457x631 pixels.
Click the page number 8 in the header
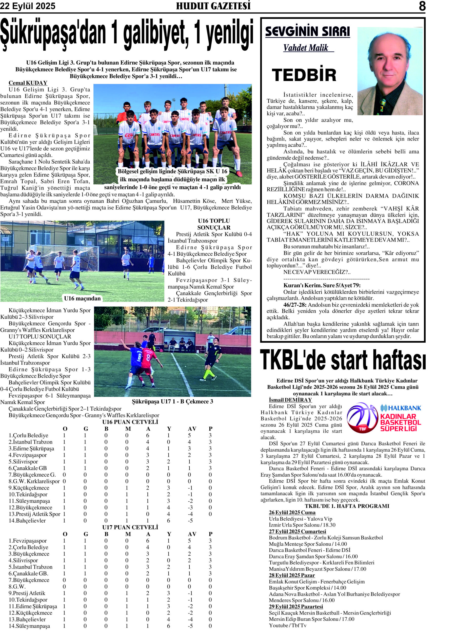click(422, 6)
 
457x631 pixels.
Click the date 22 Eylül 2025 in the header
click(28, 6)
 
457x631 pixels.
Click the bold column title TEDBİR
click(304, 75)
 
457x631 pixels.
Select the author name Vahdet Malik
click(306, 48)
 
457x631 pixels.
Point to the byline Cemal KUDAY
click(28, 83)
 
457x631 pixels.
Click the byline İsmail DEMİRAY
click(290, 400)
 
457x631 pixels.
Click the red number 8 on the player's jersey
click(148, 357)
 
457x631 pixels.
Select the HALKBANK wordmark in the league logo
click(401, 408)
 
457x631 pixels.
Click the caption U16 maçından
click(82, 298)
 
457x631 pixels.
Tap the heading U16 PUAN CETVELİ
click(130, 422)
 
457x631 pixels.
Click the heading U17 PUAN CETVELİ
click(130, 527)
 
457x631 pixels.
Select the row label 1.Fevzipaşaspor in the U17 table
click(28, 541)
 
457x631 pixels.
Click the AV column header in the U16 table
click(192, 429)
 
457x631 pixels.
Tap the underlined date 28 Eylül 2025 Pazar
click(292, 575)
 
